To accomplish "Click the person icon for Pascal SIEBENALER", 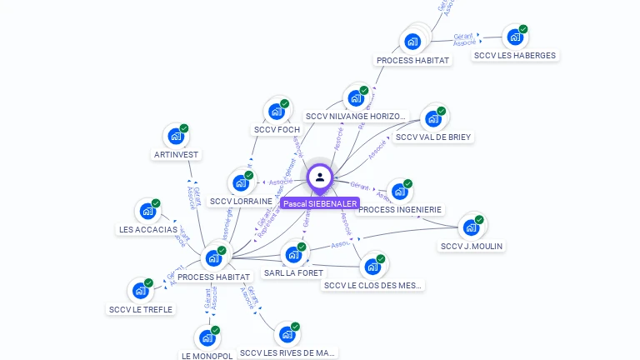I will click(x=319, y=177).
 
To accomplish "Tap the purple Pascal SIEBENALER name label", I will click(x=320, y=203).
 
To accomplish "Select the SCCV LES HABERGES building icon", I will click(x=514, y=37).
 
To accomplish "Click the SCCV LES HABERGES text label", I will click(x=514, y=56).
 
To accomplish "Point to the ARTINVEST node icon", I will click(x=175, y=136).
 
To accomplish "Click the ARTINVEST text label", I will click(x=176, y=154).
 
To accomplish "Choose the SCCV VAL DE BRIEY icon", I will click(x=432, y=119).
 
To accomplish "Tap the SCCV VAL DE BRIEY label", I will click(x=432, y=137).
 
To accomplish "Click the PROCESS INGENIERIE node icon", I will click(x=399, y=192).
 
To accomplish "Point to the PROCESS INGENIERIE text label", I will click(x=400, y=210).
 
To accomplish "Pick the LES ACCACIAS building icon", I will click(x=147, y=211).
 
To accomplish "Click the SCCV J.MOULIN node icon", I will click(x=471, y=227).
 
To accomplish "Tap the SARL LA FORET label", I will click(x=293, y=272).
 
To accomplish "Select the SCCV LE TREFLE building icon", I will click(x=140, y=291).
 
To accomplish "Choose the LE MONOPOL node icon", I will click(x=207, y=338).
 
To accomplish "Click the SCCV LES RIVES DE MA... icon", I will click(x=287, y=334).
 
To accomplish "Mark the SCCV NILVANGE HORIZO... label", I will click(x=356, y=117).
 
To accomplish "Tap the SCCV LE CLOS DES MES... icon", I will click(x=372, y=267).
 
